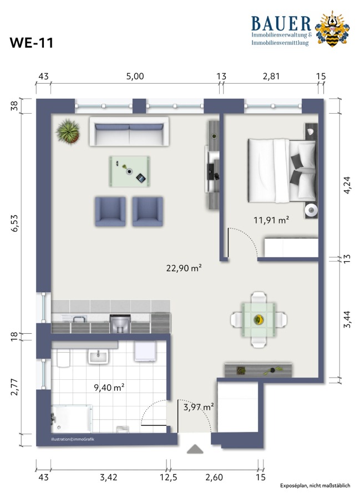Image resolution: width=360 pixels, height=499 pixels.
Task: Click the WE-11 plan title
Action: point(31,43)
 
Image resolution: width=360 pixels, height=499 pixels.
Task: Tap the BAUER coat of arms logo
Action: point(332,29)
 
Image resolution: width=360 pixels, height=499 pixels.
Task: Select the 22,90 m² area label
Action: point(184,268)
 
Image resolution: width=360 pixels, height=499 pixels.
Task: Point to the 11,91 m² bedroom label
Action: point(271,220)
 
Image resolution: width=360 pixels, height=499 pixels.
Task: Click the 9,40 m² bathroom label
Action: point(109,388)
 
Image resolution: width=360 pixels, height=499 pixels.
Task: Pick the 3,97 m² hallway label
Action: point(199,407)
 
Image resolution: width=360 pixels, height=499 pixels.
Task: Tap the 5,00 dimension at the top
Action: point(135,77)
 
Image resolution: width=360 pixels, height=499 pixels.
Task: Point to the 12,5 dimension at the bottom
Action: point(169,477)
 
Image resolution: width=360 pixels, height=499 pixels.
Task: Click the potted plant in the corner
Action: point(68,131)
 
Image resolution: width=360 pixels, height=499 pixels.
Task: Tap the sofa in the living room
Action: point(129,132)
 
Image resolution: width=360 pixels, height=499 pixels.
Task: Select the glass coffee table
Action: point(130,171)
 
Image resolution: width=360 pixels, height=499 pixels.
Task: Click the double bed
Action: point(282,171)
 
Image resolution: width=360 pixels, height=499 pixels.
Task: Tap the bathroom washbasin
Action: point(98,356)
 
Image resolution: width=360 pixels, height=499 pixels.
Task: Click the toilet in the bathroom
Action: point(63,358)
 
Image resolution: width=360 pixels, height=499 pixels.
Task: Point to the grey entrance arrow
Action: point(195,449)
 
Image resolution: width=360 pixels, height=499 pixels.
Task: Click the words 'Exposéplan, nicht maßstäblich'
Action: point(315,486)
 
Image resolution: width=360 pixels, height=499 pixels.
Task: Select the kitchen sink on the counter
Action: point(79,319)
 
